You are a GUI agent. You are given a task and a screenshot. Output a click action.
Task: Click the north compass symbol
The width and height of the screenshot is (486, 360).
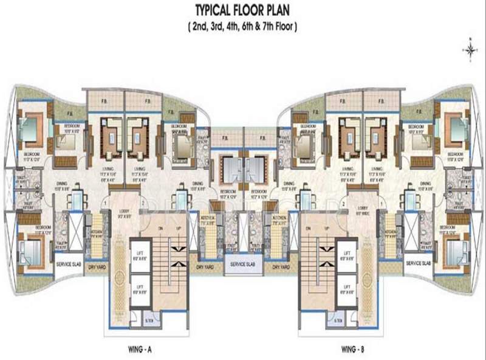[x=470, y=50]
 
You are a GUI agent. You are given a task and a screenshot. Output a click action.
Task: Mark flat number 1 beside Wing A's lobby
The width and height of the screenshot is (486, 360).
[x=105, y=203]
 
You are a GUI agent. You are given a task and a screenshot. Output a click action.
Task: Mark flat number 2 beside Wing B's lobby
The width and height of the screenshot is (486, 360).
[x=343, y=203]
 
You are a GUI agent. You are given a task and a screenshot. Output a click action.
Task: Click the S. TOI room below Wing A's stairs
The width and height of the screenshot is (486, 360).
[x=149, y=320]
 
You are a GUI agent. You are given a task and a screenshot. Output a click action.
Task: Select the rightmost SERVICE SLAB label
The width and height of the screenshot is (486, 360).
[x=417, y=264]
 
